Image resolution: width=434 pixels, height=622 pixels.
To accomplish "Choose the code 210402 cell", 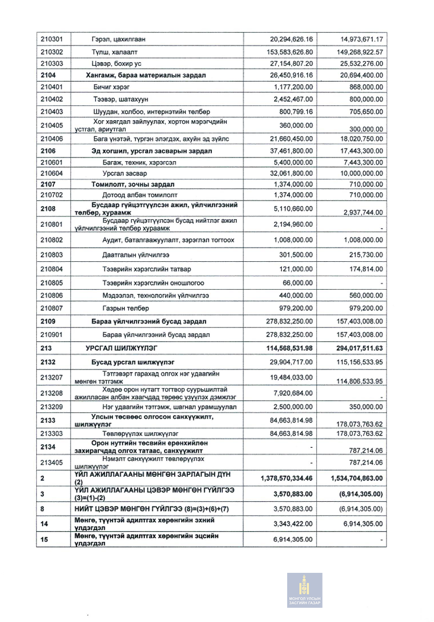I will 52,99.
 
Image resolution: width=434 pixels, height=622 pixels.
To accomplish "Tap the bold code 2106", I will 48,151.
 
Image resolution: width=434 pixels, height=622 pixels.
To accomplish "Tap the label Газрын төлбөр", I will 126,308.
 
